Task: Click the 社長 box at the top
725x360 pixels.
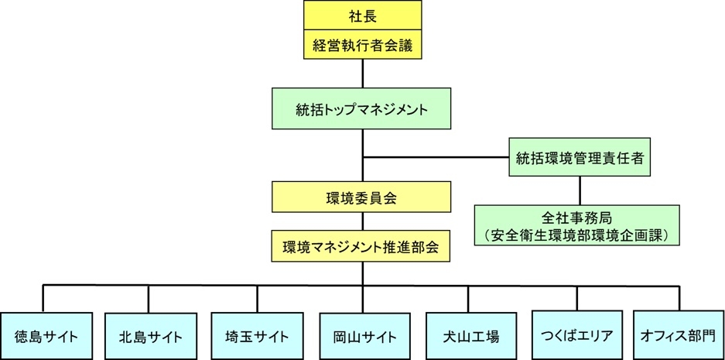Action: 362,15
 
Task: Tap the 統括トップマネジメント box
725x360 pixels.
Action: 362,109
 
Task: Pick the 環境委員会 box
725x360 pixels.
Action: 361,197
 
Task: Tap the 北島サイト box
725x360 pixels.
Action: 149,336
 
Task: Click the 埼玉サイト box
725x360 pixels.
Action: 256,336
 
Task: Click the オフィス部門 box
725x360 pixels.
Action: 678,336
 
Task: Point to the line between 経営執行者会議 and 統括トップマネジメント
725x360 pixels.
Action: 362,74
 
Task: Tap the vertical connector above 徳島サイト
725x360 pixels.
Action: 43,299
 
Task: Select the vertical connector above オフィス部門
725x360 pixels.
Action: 679,299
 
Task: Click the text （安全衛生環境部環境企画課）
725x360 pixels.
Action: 577,233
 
